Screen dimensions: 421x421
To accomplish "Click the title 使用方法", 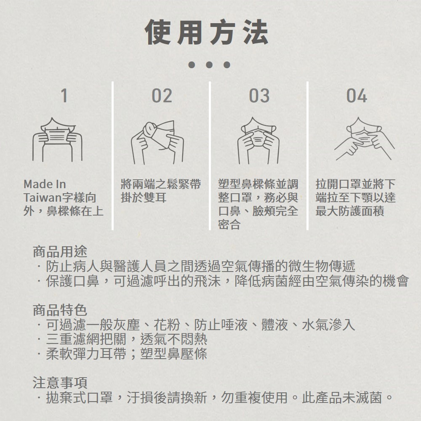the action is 206,32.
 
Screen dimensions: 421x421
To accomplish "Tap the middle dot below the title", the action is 209,65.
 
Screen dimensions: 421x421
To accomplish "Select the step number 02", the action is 162,96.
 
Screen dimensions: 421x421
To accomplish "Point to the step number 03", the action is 259,96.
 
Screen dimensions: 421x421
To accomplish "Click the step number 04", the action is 357,96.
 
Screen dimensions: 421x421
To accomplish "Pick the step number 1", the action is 64,96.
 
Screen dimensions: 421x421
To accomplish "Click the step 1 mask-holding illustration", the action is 57,140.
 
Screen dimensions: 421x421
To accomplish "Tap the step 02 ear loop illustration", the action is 157,142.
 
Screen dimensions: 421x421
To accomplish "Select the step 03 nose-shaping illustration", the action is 258,141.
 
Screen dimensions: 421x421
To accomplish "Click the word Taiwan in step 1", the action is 43,198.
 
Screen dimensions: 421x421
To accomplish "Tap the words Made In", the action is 45,184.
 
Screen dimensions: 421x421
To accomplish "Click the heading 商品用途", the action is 60,252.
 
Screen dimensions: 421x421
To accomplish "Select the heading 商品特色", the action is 60,310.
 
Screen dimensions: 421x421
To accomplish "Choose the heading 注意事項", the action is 60,383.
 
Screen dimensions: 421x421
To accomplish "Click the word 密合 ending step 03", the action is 229,225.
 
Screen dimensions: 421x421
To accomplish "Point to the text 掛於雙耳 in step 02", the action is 144,198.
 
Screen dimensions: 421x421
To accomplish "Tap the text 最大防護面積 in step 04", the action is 349,211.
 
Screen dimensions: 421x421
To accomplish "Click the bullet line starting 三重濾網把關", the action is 123,339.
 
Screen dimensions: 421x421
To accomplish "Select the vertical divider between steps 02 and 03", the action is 210,156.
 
